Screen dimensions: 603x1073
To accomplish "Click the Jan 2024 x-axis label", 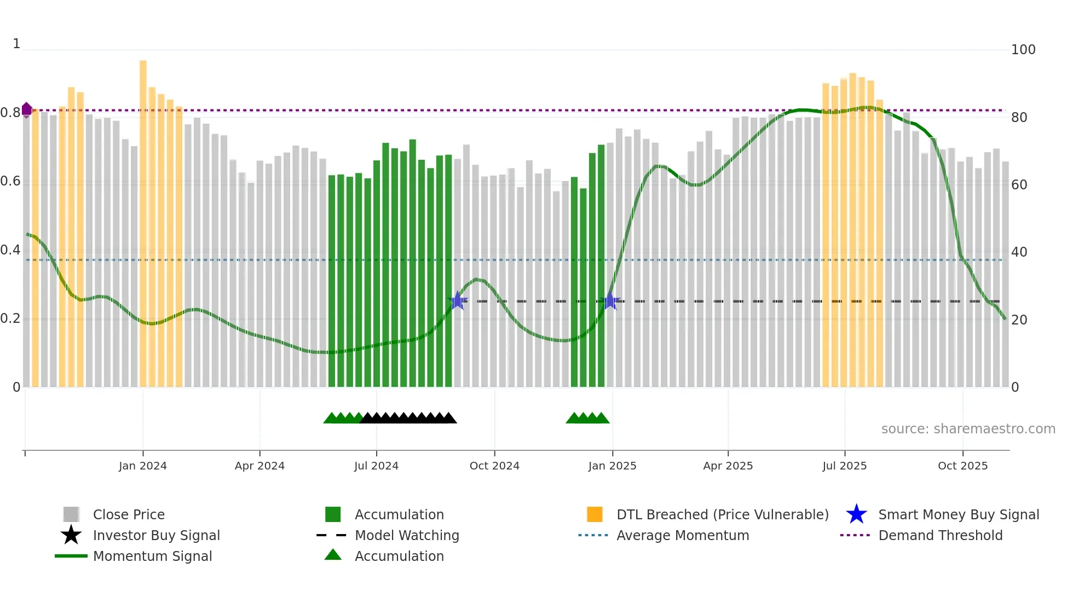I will coord(142,466).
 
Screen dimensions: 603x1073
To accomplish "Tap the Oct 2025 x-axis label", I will coord(962,466).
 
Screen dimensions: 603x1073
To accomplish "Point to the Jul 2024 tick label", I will coord(376,466).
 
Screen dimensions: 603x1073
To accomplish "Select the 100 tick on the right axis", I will coord(1023,50).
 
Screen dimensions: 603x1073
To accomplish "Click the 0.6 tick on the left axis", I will coord(10,181).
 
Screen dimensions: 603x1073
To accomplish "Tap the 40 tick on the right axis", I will coord(1019,252).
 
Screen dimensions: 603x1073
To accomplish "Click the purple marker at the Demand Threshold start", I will coord(26,109).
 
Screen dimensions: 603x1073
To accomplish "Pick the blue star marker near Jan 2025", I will coord(609,300).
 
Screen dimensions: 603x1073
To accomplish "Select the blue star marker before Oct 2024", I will coord(458,300).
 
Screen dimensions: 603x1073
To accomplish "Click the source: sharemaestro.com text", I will coord(968,428).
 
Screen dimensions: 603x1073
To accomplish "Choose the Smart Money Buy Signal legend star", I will coord(856,514).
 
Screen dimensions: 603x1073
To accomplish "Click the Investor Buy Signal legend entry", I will coord(156,535).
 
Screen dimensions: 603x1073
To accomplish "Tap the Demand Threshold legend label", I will coord(940,535).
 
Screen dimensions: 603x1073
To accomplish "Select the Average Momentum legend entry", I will coord(682,535).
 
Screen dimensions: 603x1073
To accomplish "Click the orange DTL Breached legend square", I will coord(595,514).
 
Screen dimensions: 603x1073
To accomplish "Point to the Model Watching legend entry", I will coord(406,535).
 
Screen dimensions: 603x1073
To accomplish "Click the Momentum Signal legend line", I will coord(71,556).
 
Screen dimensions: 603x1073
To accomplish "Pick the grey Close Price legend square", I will coord(71,514).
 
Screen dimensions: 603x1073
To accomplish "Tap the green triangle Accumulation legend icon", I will coord(333,555).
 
